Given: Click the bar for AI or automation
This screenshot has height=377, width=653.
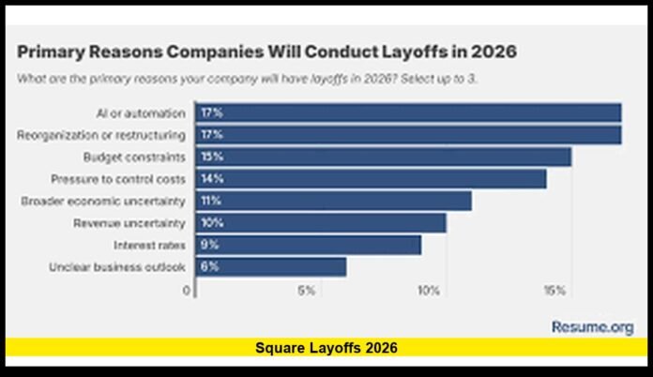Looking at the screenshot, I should [x=408, y=113].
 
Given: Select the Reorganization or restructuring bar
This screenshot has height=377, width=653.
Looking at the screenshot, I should [x=408, y=135].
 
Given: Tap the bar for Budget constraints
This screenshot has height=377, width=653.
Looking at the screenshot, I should [x=383, y=157].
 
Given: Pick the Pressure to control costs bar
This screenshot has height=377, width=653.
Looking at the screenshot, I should [x=371, y=178].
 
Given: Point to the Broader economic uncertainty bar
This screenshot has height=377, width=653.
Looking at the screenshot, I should [x=333, y=201].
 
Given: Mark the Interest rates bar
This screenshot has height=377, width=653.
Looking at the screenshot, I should [x=308, y=245].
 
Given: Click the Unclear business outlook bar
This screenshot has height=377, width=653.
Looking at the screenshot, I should [x=270, y=267].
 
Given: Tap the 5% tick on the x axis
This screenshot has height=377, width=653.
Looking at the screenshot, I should [x=306, y=291].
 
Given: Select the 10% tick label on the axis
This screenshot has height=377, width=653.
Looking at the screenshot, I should [x=429, y=291].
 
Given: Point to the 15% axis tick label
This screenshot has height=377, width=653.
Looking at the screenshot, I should [x=554, y=291].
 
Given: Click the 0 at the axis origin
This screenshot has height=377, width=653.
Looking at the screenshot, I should [x=187, y=291].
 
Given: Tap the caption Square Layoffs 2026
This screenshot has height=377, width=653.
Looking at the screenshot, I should [x=326, y=348].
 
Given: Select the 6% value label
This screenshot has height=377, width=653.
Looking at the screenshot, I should [x=210, y=267].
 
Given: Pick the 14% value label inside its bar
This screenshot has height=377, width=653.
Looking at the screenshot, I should [x=211, y=178].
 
